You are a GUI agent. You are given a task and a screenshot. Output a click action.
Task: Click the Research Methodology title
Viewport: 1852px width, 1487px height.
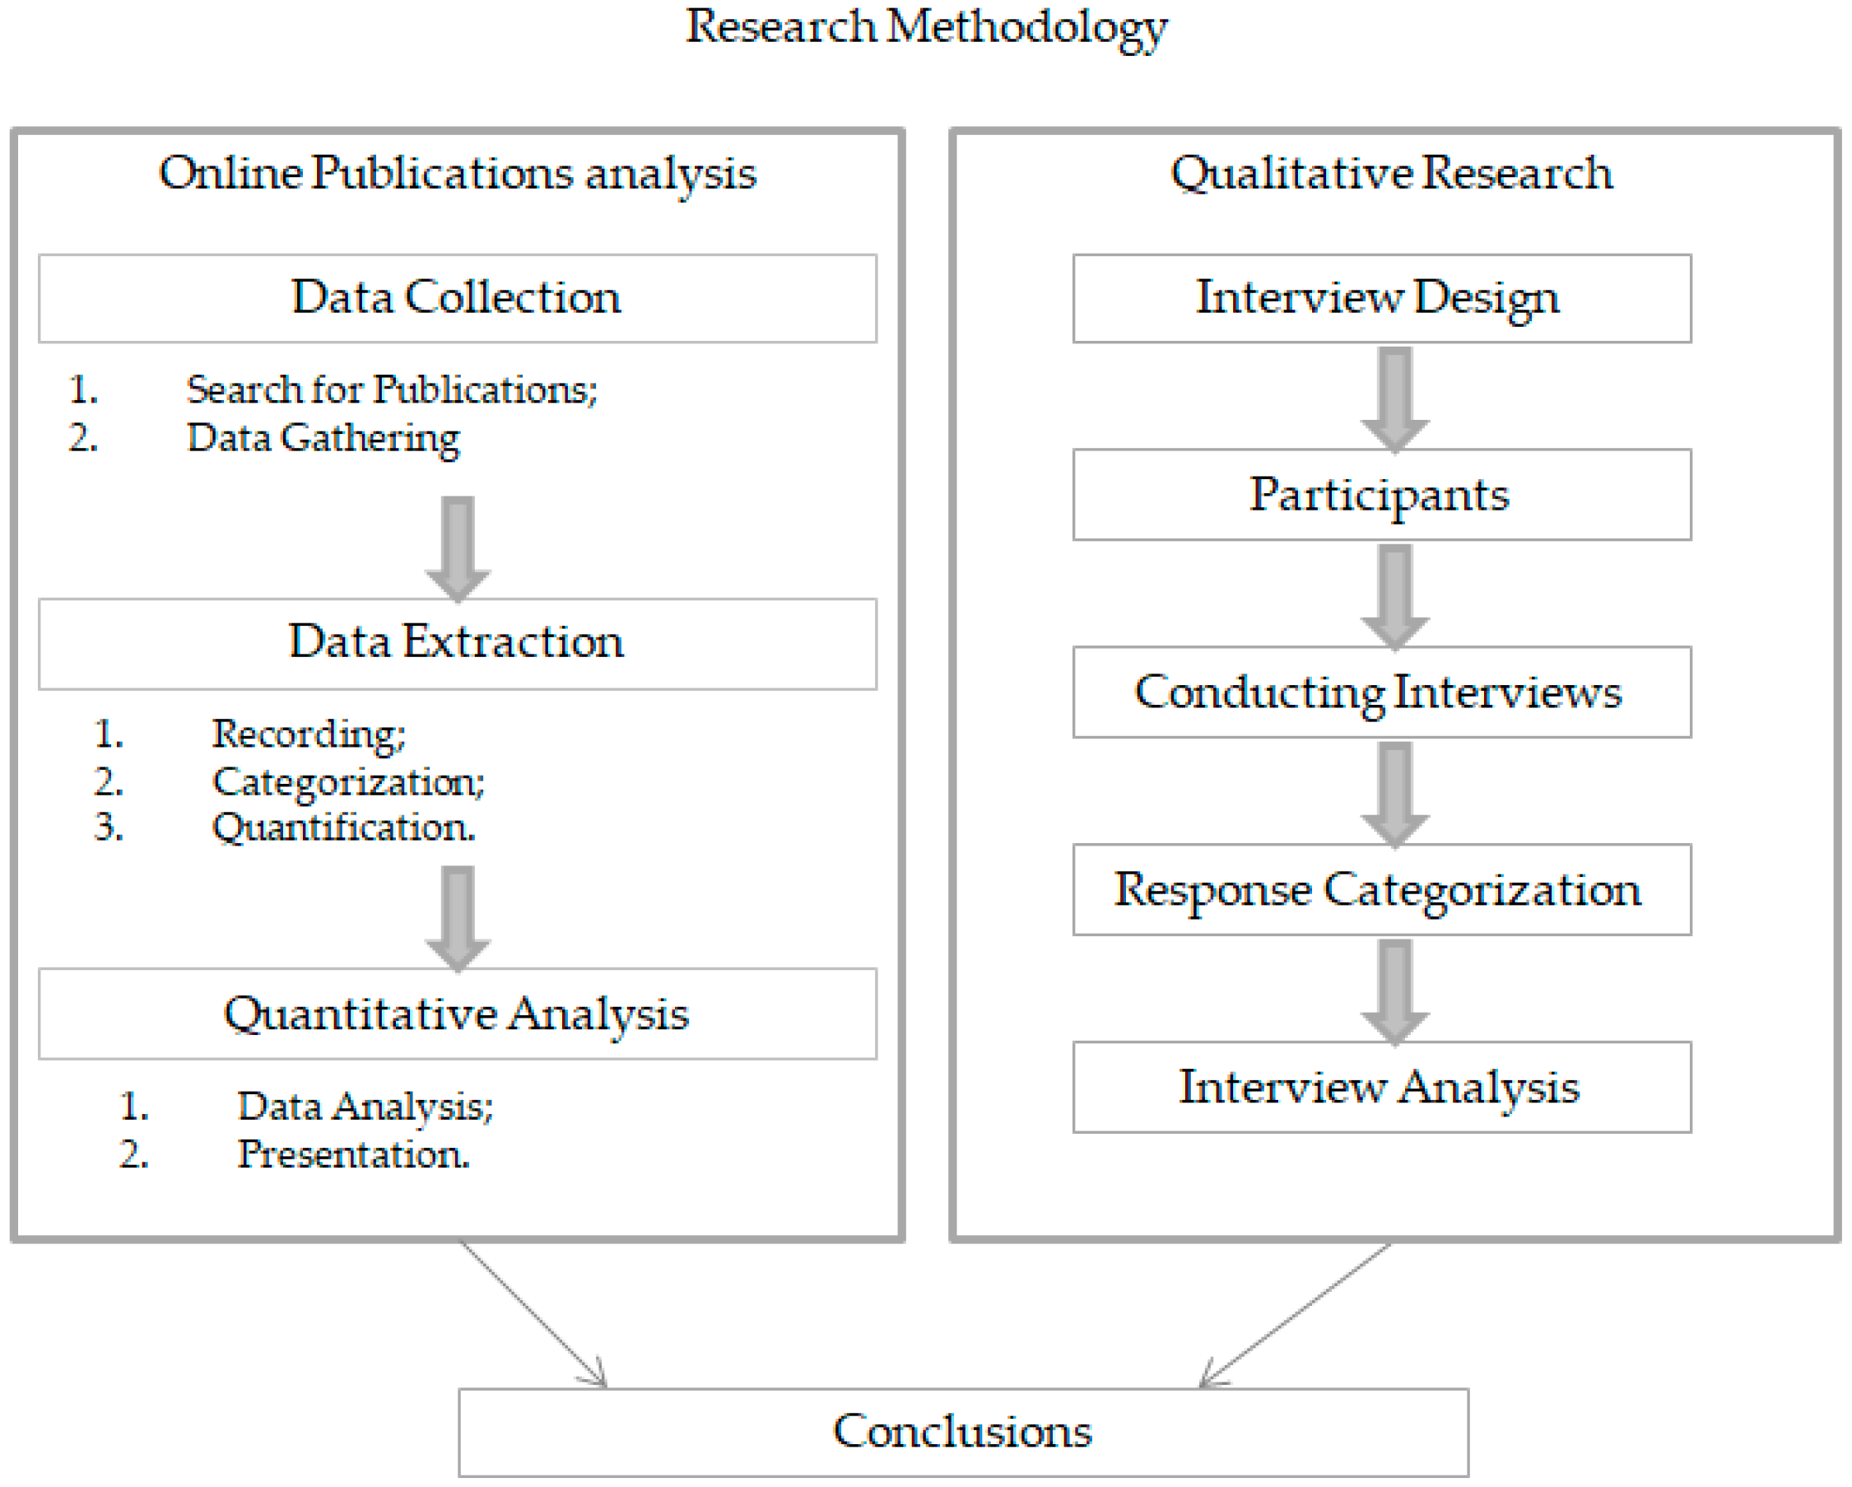pyautogui.click(x=926, y=27)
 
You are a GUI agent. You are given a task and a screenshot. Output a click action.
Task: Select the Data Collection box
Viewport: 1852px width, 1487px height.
pyautogui.click(x=457, y=298)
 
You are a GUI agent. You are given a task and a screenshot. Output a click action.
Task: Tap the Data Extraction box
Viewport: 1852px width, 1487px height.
pyautogui.click(x=457, y=643)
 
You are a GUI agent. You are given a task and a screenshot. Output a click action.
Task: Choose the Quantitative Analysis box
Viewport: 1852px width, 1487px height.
pyautogui.click(x=457, y=1014)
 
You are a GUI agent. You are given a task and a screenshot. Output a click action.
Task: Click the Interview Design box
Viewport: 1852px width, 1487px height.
pyautogui.click(x=1381, y=298)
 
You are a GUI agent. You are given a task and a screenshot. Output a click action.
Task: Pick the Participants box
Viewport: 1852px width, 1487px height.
pyautogui.click(x=1381, y=495)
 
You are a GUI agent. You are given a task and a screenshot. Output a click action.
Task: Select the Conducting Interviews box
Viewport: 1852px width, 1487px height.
pyautogui.click(x=1381, y=692)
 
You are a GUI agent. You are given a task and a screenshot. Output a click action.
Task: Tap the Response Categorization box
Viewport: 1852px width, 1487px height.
pyautogui.click(x=1381, y=890)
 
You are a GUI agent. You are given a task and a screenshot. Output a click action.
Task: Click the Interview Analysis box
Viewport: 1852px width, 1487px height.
pyautogui.click(x=1381, y=1088)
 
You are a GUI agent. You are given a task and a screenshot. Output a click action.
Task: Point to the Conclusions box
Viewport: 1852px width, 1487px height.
pyautogui.click(x=963, y=1432)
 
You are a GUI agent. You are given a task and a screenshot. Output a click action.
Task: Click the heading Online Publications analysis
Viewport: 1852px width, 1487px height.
pyautogui.click(x=457, y=174)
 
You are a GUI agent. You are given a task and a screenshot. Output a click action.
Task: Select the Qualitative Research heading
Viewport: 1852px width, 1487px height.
pyautogui.click(x=1392, y=174)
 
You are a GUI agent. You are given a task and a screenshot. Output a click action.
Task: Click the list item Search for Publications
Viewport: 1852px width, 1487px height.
pyautogui.click(x=392, y=390)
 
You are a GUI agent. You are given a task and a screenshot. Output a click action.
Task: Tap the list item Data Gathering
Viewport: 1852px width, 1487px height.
pyautogui.click(x=323, y=438)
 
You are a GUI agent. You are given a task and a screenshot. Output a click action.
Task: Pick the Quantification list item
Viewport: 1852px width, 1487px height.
pyautogui.click(x=343, y=828)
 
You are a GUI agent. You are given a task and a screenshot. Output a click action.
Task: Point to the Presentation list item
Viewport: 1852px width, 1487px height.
pyautogui.click(x=353, y=1154)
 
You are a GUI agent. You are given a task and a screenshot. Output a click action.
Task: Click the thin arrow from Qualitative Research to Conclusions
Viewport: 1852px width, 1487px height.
pyautogui.click(x=1296, y=1313)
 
